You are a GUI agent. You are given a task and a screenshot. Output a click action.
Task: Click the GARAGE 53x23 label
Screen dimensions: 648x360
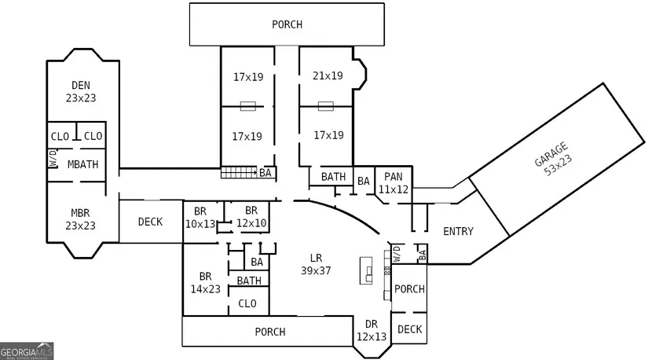pos(553,160)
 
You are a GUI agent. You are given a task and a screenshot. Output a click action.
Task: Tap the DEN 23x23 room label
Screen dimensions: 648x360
pos(81,91)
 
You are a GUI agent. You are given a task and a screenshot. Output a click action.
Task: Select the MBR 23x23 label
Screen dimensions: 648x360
pos(80,219)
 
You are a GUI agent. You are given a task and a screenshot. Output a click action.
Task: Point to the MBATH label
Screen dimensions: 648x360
pos(82,164)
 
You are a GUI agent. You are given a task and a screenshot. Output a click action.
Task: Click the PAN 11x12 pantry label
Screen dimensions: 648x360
pos(394,183)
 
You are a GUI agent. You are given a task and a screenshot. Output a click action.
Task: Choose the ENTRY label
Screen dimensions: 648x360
pos(458,231)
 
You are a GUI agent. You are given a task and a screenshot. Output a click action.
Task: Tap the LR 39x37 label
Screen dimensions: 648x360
pos(316,264)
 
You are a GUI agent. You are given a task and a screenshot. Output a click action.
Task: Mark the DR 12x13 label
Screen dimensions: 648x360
pos(371,330)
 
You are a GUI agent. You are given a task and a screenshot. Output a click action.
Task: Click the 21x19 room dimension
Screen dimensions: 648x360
pos(328,75)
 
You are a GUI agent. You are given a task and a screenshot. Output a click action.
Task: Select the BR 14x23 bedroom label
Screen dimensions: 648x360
pos(205,283)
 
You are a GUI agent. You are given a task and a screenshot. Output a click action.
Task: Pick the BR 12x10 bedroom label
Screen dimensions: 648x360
pos(251,217)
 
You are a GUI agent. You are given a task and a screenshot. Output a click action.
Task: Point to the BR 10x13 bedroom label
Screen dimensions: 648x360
pos(200,218)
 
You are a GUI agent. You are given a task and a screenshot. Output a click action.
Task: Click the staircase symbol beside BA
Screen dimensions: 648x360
pos(239,173)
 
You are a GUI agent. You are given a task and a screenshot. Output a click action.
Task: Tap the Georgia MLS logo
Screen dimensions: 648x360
pos(27,351)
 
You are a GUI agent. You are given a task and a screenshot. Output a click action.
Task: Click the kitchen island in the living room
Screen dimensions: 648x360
pos(366,270)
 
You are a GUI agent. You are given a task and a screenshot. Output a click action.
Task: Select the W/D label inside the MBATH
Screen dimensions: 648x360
pos(53,159)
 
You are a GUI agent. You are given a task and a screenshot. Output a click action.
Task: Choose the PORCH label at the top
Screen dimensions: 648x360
pos(287,25)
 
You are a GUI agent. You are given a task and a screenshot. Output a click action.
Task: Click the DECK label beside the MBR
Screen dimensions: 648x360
pos(150,222)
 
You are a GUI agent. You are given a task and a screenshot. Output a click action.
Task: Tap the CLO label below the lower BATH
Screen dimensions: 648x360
pos(247,303)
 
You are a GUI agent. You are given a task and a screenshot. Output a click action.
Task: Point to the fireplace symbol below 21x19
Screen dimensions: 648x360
pos(326,106)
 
